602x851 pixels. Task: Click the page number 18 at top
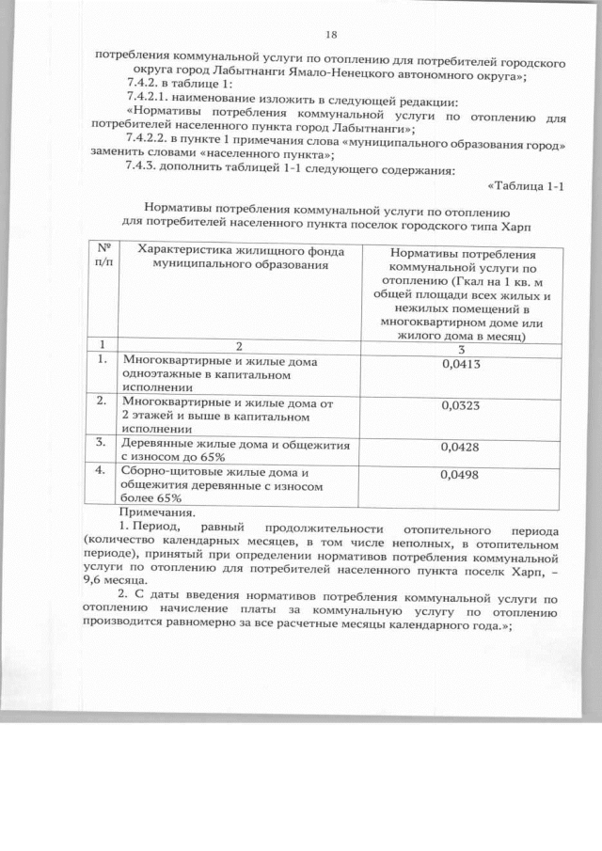(x=330, y=35)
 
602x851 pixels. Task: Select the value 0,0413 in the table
(x=462, y=364)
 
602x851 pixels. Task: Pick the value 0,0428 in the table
(x=461, y=446)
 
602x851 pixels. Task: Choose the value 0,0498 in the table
(x=461, y=475)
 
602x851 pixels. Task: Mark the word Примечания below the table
(x=157, y=513)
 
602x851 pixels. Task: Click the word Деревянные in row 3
(x=150, y=442)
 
